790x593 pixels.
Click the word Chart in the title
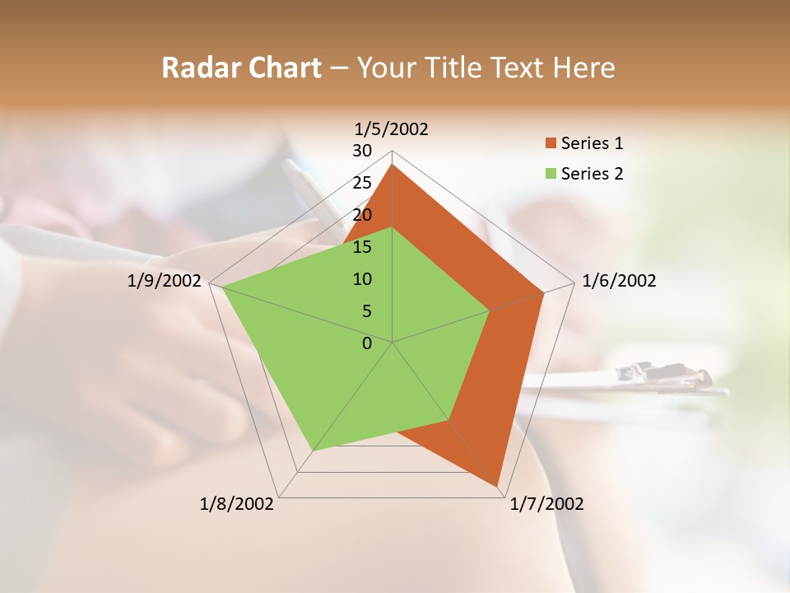(281, 68)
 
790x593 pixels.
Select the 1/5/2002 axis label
(391, 128)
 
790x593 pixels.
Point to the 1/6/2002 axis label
(619, 281)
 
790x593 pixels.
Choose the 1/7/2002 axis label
(546, 504)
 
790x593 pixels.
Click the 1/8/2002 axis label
(237, 504)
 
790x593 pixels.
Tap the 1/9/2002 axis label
(165, 281)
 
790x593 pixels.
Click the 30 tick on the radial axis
(362, 151)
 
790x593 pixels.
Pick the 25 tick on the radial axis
(362, 183)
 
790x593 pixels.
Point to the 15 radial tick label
(362, 247)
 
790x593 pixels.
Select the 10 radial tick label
(362, 279)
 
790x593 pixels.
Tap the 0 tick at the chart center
(367, 343)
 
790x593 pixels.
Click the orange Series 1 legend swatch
(551, 143)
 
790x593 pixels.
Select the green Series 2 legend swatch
(551, 174)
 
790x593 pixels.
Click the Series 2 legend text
(592, 174)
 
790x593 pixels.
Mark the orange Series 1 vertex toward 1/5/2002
(393, 165)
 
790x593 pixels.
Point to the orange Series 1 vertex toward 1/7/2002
(498, 486)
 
